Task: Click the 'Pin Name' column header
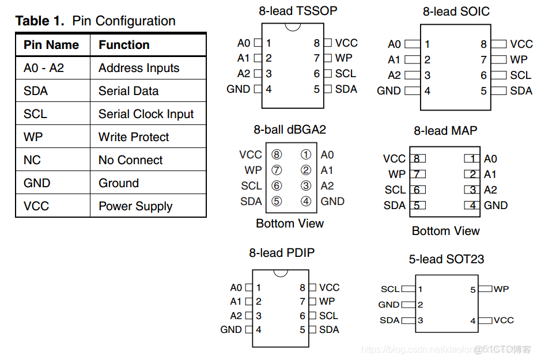tap(51, 45)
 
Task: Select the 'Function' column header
tap(124, 45)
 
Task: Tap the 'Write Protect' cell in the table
tap(134, 137)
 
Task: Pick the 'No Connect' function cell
tap(130, 160)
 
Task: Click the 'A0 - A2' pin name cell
tap(44, 68)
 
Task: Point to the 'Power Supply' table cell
tap(135, 206)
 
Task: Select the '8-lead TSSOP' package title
tap(297, 10)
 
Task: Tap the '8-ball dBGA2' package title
tap(290, 130)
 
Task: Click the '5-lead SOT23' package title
tap(446, 259)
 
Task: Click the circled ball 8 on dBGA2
tap(277, 154)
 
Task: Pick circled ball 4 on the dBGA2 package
tap(306, 201)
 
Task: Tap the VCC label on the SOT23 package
tap(503, 320)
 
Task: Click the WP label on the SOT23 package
tap(501, 289)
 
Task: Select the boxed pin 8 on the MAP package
tap(417, 159)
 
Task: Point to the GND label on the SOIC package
tap(388, 90)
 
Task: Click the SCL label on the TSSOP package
tap(346, 74)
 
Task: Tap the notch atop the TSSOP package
tap(293, 26)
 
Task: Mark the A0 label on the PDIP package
tap(236, 287)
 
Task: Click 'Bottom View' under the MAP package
tap(445, 231)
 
